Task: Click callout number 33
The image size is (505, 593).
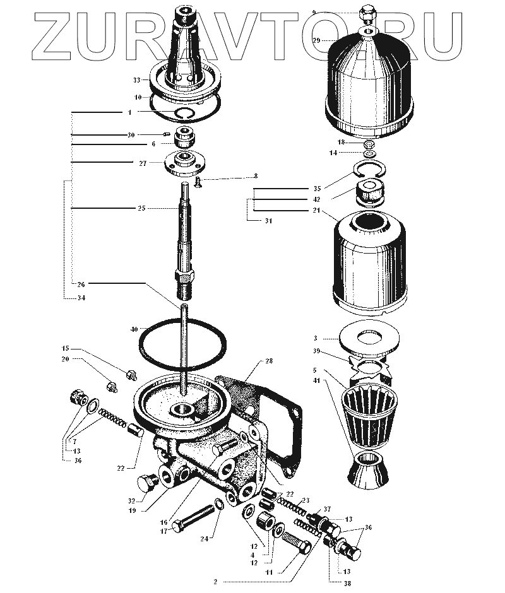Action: pos(136,80)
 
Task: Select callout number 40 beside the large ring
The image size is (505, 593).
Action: pos(133,329)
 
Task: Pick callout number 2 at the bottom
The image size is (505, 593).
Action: pos(215,581)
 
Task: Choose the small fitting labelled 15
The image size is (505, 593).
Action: pos(131,374)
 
